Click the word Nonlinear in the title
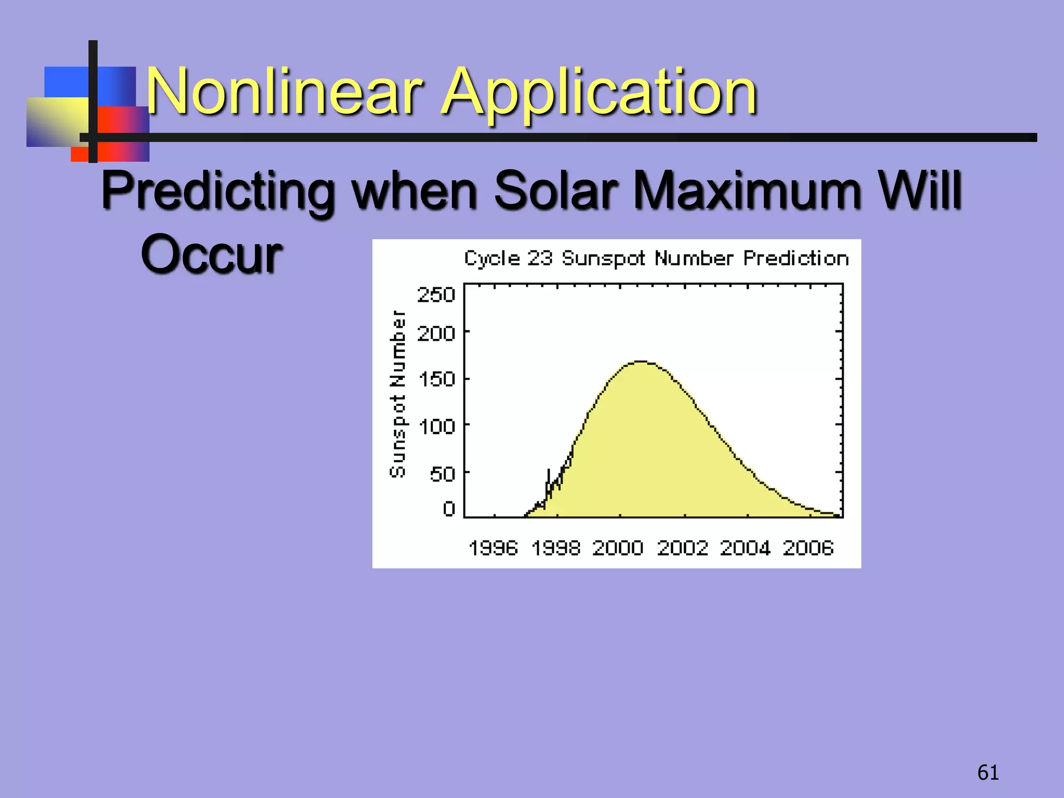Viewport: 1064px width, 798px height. [x=283, y=92]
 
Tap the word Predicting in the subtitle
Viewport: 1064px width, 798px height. [x=218, y=191]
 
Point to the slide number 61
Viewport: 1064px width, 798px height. [x=988, y=773]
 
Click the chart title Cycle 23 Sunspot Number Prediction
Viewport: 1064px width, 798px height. [x=656, y=258]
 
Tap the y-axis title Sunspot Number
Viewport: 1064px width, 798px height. [x=398, y=394]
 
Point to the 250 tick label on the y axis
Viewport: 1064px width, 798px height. [x=436, y=295]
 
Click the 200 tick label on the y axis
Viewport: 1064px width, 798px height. [x=436, y=333]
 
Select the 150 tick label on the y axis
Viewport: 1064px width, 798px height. [x=437, y=379]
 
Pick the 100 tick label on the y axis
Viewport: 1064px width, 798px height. [x=437, y=427]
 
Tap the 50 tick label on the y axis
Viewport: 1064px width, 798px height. [x=442, y=474]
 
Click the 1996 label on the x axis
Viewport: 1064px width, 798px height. [x=493, y=548]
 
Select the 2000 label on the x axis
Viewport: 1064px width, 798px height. [x=618, y=548]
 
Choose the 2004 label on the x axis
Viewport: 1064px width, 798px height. [x=745, y=548]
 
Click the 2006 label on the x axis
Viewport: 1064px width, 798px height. [x=808, y=548]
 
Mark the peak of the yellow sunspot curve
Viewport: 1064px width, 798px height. [x=642, y=362]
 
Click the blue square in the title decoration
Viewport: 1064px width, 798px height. [x=65, y=81]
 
